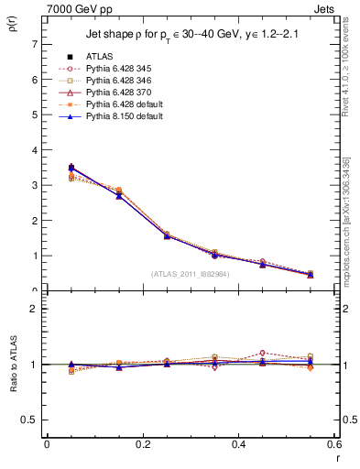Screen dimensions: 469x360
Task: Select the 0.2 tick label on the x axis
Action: [142, 443]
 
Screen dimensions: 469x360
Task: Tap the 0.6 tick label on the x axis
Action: [333, 443]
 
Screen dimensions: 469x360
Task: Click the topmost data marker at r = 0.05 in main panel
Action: [47, 168]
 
